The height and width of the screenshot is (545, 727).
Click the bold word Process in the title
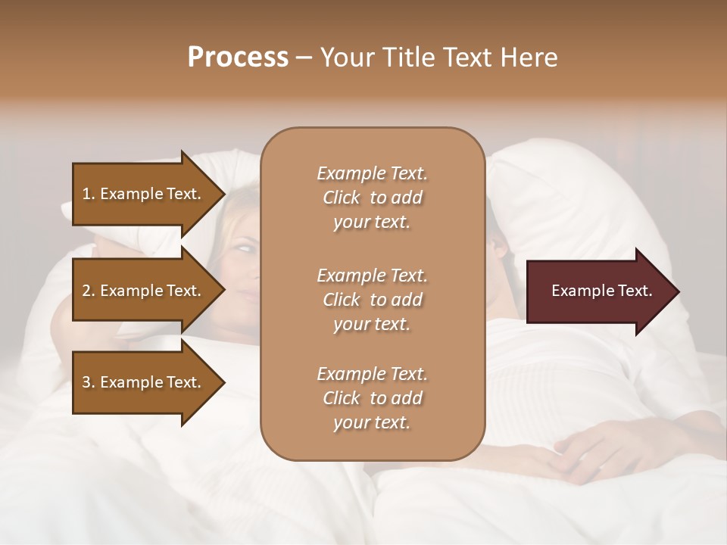tap(238, 58)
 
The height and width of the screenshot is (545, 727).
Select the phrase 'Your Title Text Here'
tap(438, 58)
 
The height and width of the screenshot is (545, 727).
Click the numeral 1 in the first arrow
tap(86, 194)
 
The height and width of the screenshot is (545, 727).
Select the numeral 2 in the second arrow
tap(86, 291)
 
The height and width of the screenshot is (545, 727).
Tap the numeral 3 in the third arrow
tap(86, 382)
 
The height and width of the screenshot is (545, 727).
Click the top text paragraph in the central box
tap(372, 198)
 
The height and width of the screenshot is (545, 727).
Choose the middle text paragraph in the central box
tap(372, 299)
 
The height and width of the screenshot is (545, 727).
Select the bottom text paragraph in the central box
tap(372, 398)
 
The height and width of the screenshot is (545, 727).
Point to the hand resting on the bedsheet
tap(598, 447)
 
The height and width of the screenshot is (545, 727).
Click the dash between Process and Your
tap(304, 58)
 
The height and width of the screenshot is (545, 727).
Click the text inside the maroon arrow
tap(602, 291)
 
